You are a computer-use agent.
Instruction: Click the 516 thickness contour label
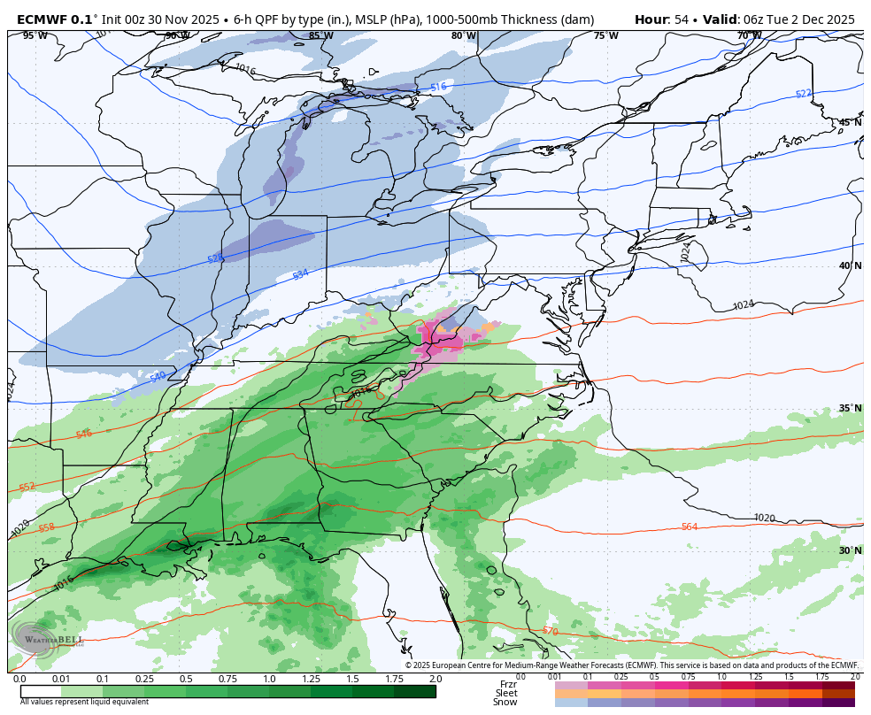(x=438, y=87)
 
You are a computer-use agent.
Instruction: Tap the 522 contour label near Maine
(x=803, y=94)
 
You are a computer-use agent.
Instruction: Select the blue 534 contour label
(x=301, y=275)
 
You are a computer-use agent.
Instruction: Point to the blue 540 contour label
(x=158, y=377)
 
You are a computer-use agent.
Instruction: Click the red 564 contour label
(x=689, y=527)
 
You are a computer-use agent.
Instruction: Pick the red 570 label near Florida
(x=550, y=631)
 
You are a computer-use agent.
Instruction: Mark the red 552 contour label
(x=27, y=487)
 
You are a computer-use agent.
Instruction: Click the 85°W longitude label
(x=320, y=36)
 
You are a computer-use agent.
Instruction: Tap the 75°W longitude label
(x=605, y=36)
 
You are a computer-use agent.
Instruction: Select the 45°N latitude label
(x=850, y=123)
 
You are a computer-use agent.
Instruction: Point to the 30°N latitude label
(x=850, y=550)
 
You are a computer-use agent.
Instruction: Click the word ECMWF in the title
(x=42, y=19)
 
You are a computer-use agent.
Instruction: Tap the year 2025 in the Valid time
(x=836, y=19)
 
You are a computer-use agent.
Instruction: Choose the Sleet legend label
(x=505, y=693)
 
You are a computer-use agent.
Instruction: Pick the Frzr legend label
(x=507, y=684)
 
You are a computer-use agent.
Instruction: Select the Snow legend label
(x=505, y=703)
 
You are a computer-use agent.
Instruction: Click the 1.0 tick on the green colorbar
(x=269, y=679)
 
